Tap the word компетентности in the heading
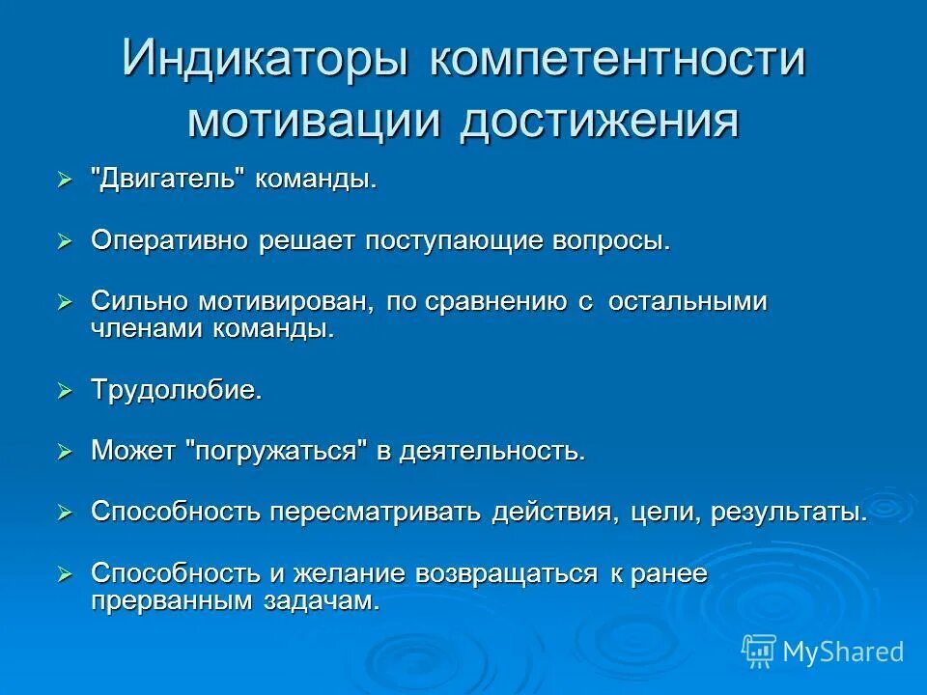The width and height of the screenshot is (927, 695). point(617,61)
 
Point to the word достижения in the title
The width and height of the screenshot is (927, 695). point(599,122)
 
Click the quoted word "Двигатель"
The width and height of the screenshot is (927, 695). point(168,181)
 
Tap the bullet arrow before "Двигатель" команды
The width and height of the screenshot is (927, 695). point(65,181)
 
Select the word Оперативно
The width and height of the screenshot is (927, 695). point(170,241)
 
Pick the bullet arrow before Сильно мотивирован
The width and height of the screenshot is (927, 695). point(65,302)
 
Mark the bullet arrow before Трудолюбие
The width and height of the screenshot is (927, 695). point(65,391)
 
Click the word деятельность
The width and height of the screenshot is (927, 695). point(493,451)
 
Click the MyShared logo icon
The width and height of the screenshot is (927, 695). point(758,650)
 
